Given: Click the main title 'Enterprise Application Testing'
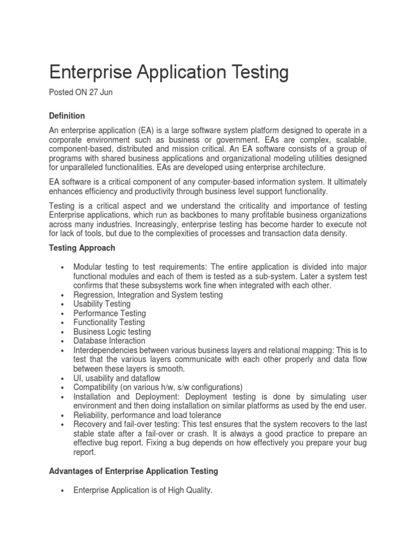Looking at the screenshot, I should tap(169, 72).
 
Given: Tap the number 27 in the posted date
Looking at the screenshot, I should tap(95, 93).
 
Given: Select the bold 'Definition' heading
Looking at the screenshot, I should tap(67, 116).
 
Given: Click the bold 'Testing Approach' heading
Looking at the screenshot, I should tap(82, 247).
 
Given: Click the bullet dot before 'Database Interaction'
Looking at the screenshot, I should tap(64, 341).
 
